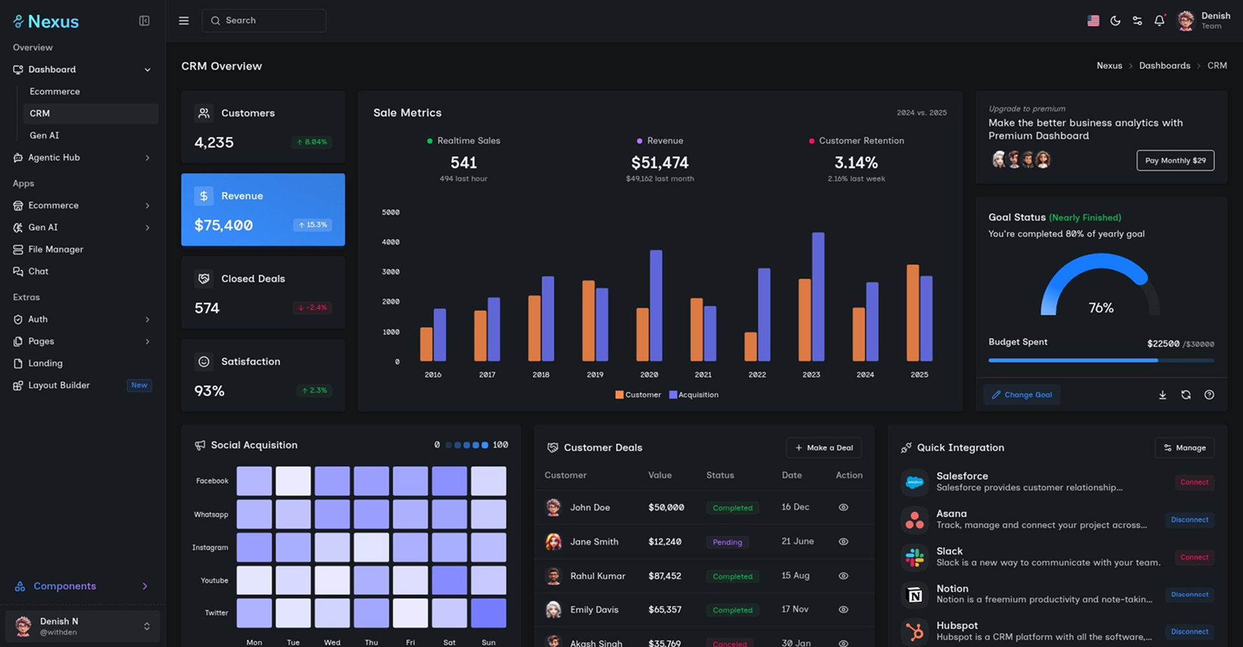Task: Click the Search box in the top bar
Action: coord(264,21)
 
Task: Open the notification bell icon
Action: coord(1159,21)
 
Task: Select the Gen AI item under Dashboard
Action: coord(44,135)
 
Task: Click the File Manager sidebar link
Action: coord(56,249)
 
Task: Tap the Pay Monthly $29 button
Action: coord(1175,160)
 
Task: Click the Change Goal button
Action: coord(1022,395)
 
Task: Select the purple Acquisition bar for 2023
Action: coord(818,296)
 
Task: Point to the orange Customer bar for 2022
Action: coord(750,347)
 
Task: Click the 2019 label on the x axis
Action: coord(595,375)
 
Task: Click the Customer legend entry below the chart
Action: coord(638,395)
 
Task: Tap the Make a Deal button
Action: coord(823,448)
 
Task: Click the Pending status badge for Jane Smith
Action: coord(727,542)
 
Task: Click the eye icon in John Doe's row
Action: coord(843,507)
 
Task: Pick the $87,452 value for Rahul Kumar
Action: coord(664,576)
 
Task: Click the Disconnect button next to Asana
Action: coord(1189,520)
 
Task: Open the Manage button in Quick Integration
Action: coord(1184,448)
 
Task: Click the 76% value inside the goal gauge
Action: coord(1101,308)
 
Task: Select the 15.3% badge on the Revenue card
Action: coord(313,225)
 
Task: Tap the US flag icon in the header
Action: coord(1093,21)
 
